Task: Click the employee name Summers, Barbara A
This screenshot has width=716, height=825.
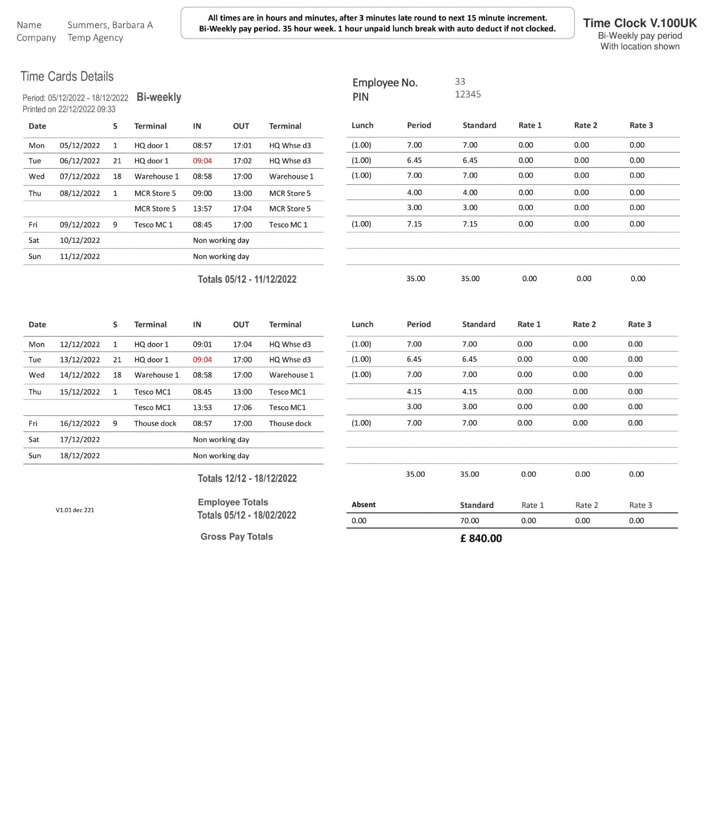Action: [x=110, y=25]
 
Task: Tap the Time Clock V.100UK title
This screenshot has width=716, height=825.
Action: [x=639, y=23]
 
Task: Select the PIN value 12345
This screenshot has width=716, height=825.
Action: [x=468, y=94]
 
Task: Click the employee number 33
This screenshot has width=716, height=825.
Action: [x=460, y=82]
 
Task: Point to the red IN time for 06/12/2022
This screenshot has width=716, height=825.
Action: [x=202, y=161]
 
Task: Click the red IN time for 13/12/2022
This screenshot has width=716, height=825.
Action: [x=202, y=360]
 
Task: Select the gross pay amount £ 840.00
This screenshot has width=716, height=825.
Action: [x=481, y=539]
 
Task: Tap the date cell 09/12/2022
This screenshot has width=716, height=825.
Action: [x=80, y=225]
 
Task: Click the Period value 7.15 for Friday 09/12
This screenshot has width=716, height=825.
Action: [x=414, y=224]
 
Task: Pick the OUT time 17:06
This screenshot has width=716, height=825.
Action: [x=242, y=407]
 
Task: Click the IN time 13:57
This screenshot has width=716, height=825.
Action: [x=202, y=209]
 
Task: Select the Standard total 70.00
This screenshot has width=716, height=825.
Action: [x=470, y=520]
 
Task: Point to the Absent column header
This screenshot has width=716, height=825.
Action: [x=363, y=505]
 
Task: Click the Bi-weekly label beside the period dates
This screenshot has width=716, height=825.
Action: [x=159, y=97]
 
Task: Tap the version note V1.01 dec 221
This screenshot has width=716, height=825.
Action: [x=75, y=510]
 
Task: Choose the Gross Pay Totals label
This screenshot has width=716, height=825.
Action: [x=237, y=537]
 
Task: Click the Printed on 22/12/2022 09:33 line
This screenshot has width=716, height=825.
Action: [x=69, y=109]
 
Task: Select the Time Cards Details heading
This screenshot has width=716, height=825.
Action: [x=67, y=77]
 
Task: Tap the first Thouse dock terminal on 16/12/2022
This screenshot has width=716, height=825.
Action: [x=155, y=423]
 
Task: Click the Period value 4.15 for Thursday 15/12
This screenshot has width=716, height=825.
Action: [x=414, y=392]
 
